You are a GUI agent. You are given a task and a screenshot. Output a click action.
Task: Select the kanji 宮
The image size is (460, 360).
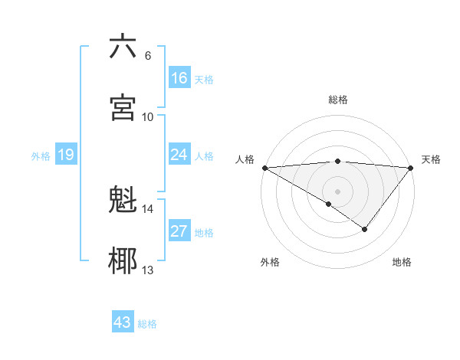click(123, 107)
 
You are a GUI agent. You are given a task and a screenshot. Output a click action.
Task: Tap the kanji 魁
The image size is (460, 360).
click(123, 201)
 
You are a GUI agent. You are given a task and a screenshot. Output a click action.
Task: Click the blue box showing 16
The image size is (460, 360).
click(179, 78)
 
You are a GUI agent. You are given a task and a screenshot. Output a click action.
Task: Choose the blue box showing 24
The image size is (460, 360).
click(179, 155)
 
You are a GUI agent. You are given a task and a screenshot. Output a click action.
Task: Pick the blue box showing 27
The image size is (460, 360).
click(179, 231)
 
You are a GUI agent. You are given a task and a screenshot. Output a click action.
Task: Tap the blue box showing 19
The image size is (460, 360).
click(66, 155)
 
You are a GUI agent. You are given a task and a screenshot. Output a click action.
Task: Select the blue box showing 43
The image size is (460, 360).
click(123, 322)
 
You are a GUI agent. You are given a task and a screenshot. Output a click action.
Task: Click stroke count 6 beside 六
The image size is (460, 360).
click(147, 55)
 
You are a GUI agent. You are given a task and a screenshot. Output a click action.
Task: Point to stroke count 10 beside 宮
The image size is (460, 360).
click(148, 116)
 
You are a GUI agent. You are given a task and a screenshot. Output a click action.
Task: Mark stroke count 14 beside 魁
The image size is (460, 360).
click(148, 208)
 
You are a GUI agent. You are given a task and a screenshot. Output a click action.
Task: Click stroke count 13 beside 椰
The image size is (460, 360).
click(148, 270)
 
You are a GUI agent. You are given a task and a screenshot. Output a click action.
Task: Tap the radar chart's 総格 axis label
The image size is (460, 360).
click(338, 100)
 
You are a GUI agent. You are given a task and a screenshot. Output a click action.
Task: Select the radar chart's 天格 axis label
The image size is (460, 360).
click(432, 159)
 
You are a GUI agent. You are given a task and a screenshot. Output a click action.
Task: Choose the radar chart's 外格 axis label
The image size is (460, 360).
click(270, 262)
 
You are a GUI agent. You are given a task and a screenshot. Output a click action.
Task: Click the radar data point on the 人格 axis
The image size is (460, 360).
click(264, 168)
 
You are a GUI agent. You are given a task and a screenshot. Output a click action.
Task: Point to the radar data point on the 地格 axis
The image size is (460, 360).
click(365, 229)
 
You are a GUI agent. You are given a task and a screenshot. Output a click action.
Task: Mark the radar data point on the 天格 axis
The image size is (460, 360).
click(411, 168)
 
